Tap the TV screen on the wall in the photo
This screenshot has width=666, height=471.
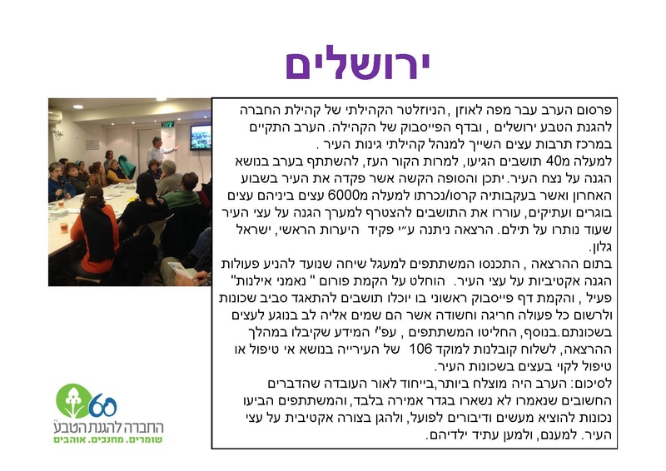click(x=201, y=137)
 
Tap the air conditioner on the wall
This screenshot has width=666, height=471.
click(x=55, y=117)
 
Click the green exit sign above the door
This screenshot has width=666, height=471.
click(x=167, y=124)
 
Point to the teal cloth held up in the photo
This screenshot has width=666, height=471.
click(x=126, y=166)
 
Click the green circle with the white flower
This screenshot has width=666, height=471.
click(x=72, y=401)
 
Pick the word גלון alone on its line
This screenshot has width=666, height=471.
click(x=601, y=247)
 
